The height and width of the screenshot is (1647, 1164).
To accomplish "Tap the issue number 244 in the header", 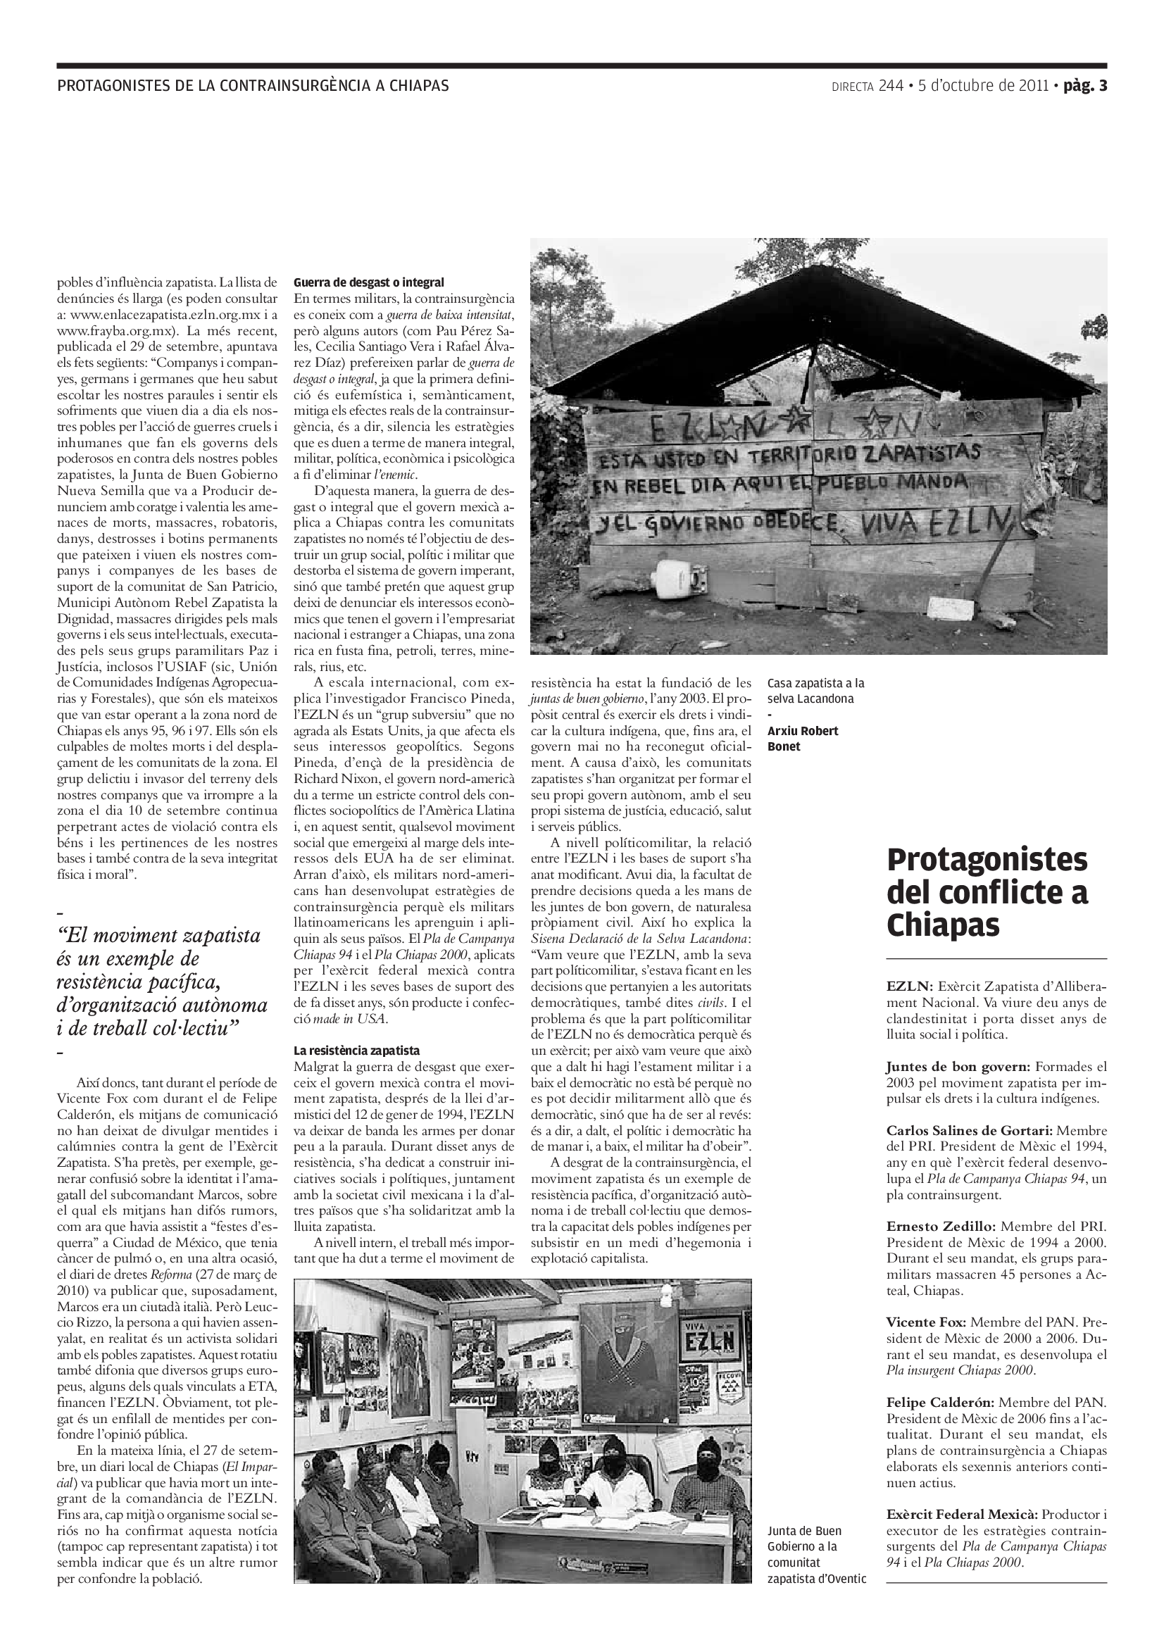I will click(890, 86).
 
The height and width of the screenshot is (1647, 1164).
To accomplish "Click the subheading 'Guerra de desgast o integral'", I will click(369, 282).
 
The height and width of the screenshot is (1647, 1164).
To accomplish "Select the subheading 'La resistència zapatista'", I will click(356, 1050).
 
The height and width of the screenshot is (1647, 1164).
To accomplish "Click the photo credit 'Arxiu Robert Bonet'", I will click(803, 738).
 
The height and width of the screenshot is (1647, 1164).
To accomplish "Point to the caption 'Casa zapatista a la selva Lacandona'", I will click(815, 691).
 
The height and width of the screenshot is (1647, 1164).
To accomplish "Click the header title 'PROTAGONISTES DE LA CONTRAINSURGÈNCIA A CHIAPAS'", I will click(254, 86).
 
